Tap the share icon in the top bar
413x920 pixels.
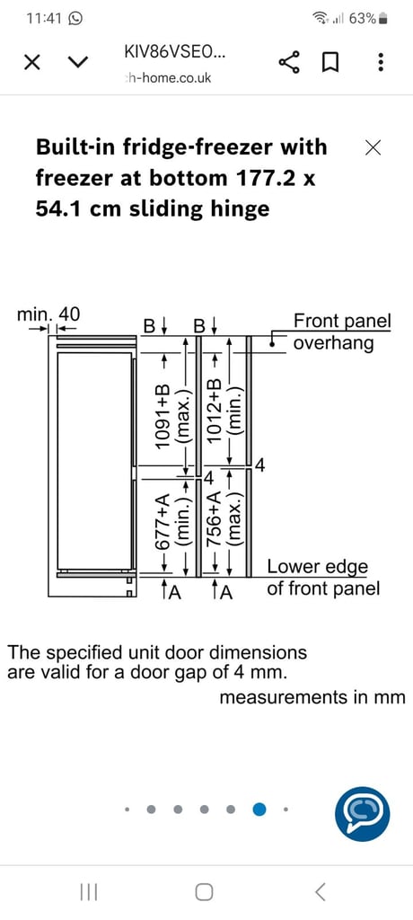[288, 61]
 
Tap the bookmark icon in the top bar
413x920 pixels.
[331, 62]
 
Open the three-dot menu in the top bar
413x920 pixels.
[382, 62]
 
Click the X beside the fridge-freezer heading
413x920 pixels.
[373, 148]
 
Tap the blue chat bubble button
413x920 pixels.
[362, 813]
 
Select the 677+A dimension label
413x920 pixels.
[163, 524]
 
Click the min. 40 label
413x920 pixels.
[48, 314]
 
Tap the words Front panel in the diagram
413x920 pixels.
[342, 321]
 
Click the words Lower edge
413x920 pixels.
[317, 568]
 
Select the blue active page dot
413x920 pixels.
[259, 809]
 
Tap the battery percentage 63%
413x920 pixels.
[362, 19]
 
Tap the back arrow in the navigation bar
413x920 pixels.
[320, 892]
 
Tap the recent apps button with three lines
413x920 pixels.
[88, 892]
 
